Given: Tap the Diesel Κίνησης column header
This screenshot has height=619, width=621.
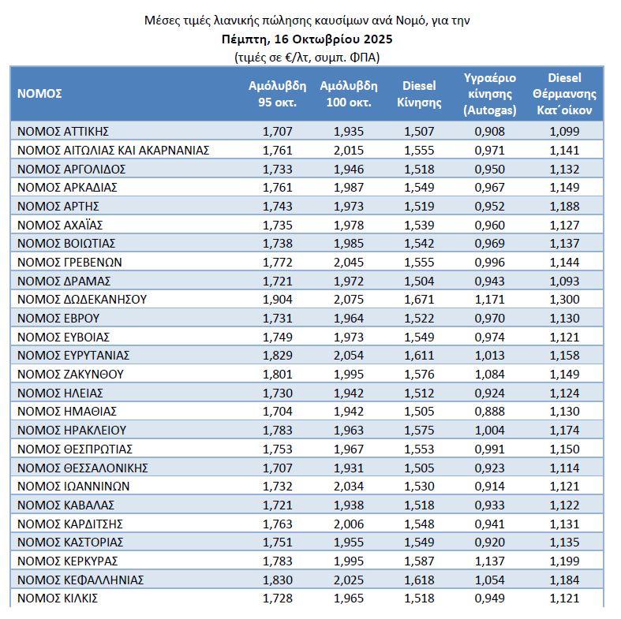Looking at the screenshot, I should point(419,94).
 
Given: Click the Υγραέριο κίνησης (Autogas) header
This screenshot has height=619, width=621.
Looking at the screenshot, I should point(489,94).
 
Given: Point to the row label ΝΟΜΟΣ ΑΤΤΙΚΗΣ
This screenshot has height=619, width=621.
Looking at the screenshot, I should point(62,131).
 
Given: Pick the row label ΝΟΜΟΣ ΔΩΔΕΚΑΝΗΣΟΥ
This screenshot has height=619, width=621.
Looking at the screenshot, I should point(82,300).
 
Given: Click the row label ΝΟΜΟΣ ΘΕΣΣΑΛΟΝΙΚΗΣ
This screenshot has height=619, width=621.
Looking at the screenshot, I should point(83,468).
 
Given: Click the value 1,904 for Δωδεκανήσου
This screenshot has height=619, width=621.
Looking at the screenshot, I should point(277,300).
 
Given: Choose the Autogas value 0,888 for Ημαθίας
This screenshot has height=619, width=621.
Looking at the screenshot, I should point(489,412).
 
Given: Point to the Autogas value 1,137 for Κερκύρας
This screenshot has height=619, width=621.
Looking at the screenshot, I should point(489,561).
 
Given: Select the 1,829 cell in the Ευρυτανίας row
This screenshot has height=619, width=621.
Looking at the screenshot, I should point(277,356).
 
